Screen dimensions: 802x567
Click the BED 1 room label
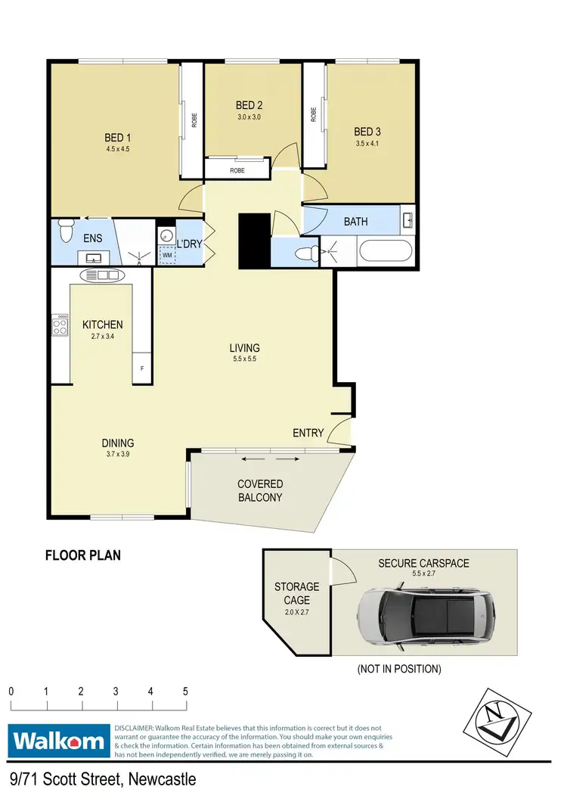[x=118, y=138]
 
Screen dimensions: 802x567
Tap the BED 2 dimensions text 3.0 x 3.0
[x=249, y=117]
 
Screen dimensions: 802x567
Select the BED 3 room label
[x=367, y=130]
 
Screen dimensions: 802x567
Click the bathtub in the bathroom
[x=386, y=250]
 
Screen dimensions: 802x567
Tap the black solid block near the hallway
[x=254, y=241]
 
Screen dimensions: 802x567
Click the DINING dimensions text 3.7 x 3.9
[x=118, y=455]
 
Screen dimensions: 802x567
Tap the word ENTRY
[x=308, y=433]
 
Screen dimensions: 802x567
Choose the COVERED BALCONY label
[x=260, y=490]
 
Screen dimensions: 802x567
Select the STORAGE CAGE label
[x=296, y=593]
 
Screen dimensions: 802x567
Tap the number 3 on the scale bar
[x=116, y=692]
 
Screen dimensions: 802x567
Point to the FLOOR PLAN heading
[x=83, y=555]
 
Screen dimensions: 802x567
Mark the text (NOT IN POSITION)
[x=400, y=669]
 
